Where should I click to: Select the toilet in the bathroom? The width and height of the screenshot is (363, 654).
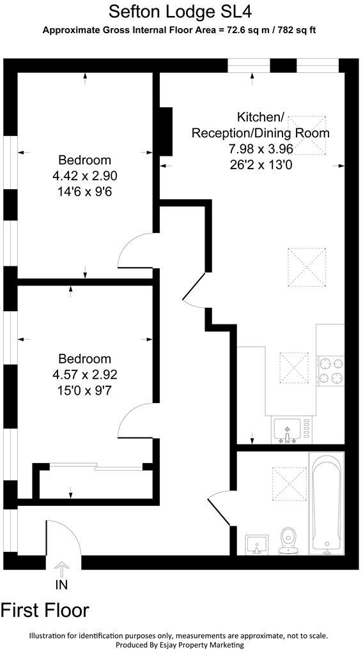[x=290, y=540]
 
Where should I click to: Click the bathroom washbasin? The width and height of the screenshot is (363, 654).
[x=257, y=544]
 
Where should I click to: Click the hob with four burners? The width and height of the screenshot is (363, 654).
[x=330, y=371]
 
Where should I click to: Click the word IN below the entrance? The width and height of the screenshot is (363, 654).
[x=62, y=584]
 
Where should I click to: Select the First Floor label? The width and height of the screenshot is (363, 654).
[x=45, y=610]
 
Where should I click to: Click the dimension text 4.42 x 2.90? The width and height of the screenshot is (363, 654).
[x=85, y=176]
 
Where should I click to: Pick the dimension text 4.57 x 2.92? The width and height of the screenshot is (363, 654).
[x=85, y=375]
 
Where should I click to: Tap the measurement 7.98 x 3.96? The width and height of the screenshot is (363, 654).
[x=260, y=149]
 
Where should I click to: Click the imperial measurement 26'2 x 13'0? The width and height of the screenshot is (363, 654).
[x=260, y=165]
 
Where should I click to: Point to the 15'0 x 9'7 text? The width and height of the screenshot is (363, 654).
[x=85, y=390]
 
